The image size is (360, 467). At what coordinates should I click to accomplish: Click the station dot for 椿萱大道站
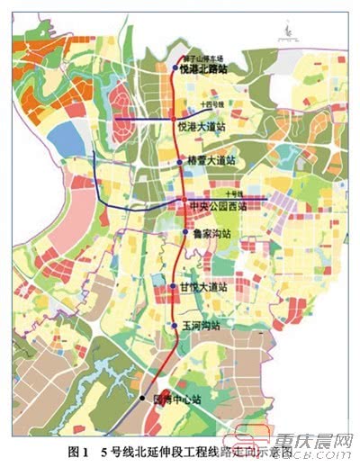(x=180, y=163)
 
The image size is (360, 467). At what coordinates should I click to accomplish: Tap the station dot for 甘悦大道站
(x=173, y=286)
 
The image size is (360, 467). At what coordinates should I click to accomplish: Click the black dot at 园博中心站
(x=142, y=397)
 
